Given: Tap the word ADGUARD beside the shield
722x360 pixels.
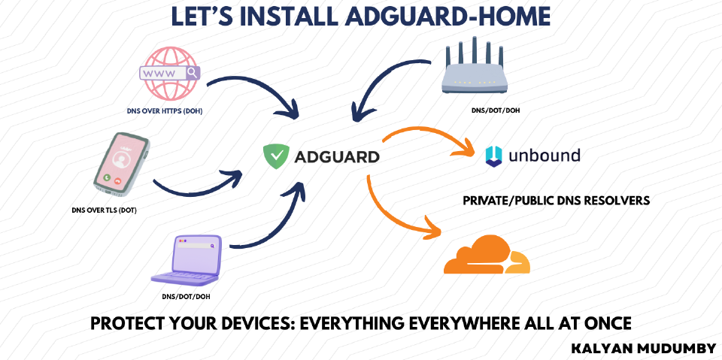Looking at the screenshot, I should point(336,158).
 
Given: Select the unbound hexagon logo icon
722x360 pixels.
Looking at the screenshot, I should point(494,156).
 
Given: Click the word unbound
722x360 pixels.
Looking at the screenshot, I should point(545,156).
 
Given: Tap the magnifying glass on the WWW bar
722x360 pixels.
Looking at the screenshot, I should point(193,73).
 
